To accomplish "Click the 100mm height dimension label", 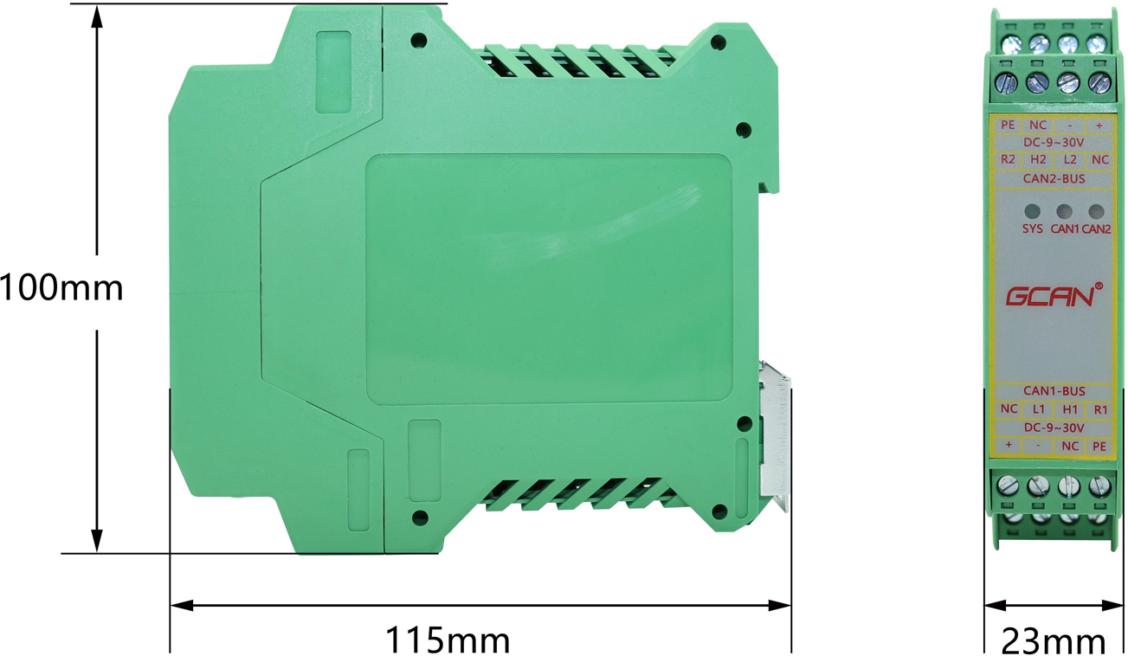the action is click(x=61, y=287).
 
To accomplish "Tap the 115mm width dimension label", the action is click(x=448, y=640).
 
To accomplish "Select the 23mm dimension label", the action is click(x=1054, y=641).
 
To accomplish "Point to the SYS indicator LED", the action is click(x=1032, y=211).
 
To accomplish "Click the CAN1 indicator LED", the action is click(x=1064, y=211).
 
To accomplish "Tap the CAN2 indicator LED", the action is click(x=1096, y=211).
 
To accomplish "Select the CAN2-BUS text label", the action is click(x=1054, y=179).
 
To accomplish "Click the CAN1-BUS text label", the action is click(x=1054, y=390).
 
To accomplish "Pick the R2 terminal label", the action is click(x=1008, y=159).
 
